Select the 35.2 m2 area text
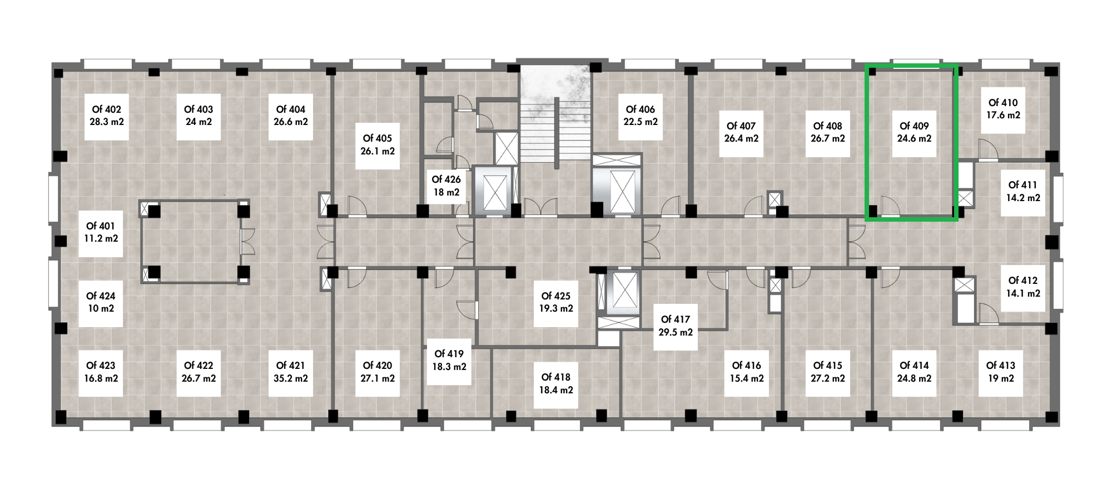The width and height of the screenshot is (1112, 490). (x=291, y=378)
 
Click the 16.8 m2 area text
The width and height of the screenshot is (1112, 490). (x=101, y=378)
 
